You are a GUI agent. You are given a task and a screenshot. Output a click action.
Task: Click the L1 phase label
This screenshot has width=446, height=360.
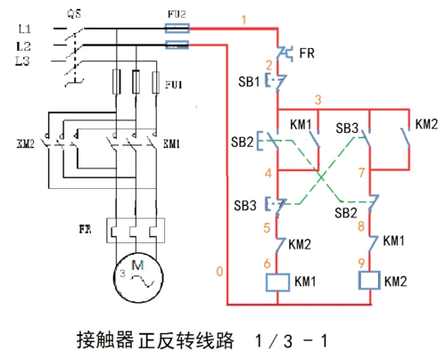(24, 30)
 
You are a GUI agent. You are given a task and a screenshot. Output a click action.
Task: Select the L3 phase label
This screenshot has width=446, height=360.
(24, 60)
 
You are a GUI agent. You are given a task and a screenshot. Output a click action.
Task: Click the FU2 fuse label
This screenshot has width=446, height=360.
(177, 15)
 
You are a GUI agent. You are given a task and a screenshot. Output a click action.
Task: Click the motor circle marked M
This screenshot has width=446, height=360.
(136, 274)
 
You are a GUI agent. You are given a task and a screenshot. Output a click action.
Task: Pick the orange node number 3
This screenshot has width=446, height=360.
(318, 98)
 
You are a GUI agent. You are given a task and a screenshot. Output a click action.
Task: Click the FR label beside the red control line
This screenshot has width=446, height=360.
(306, 53)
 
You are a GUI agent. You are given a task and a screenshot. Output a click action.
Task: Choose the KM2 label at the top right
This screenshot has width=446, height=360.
(426, 123)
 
